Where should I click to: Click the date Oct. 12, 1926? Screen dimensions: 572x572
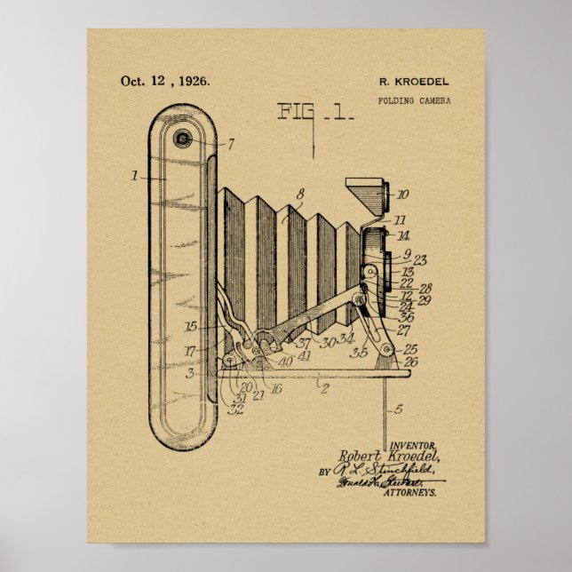(x=165, y=81)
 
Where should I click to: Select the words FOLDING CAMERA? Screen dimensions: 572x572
(x=415, y=100)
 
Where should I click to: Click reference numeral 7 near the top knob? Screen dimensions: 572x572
(x=231, y=144)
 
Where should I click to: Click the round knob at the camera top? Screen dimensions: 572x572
(x=184, y=138)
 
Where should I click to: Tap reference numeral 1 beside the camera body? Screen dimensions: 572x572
(x=134, y=176)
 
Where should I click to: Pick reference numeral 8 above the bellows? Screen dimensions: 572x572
(x=300, y=193)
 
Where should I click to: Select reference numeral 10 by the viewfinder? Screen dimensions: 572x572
(x=402, y=194)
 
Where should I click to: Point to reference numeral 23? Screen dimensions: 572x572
(x=421, y=260)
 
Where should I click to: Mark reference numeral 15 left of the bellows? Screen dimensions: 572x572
(x=190, y=327)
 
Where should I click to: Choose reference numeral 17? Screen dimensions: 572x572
(x=190, y=352)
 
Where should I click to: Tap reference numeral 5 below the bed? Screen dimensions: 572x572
(x=398, y=409)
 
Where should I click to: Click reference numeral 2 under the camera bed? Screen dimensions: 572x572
(x=324, y=388)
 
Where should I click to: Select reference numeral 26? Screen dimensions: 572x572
(x=410, y=361)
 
